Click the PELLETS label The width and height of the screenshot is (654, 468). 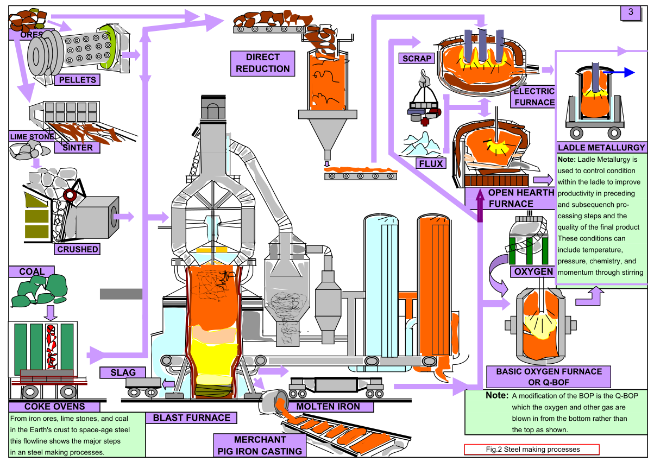[77, 80]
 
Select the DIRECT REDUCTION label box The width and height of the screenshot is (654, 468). [263, 63]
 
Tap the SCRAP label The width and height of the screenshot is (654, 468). [417, 59]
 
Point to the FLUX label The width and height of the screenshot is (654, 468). [432, 163]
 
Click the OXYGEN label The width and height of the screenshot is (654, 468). [532, 271]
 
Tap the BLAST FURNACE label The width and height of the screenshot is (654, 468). [191, 418]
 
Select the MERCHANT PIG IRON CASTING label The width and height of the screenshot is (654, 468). [260, 445]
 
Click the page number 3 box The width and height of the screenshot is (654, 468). [631, 13]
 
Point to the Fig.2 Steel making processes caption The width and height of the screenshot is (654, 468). [532, 450]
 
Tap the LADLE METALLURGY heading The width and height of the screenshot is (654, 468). [601, 148]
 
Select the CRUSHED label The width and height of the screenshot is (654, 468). [78, 249]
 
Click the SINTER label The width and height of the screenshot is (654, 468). [77, 147]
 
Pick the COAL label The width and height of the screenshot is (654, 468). [32, 271]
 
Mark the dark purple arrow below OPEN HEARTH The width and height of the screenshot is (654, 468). [480, 206]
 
